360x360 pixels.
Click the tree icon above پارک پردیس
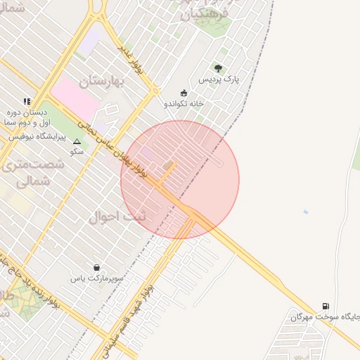(x=218, y=68)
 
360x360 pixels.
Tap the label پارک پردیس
(x=219, y=79)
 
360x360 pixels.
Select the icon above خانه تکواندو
(x=184, y=92)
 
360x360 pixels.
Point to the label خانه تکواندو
(x=184, y=103)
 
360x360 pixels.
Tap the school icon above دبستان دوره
(x=27, y=101)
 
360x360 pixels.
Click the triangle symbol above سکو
(x=77, y=141)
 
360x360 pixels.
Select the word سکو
(x=77, y=151)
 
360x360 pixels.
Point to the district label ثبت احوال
(x=117, y=217)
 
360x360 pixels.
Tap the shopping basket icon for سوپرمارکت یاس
(x=96, y=267)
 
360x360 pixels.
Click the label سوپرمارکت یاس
(x=96, y=278)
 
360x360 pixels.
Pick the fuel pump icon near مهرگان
(x=325, y=306)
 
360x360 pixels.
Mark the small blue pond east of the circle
(x=305, y=212)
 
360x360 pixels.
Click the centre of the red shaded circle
(x=180, y=180)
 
